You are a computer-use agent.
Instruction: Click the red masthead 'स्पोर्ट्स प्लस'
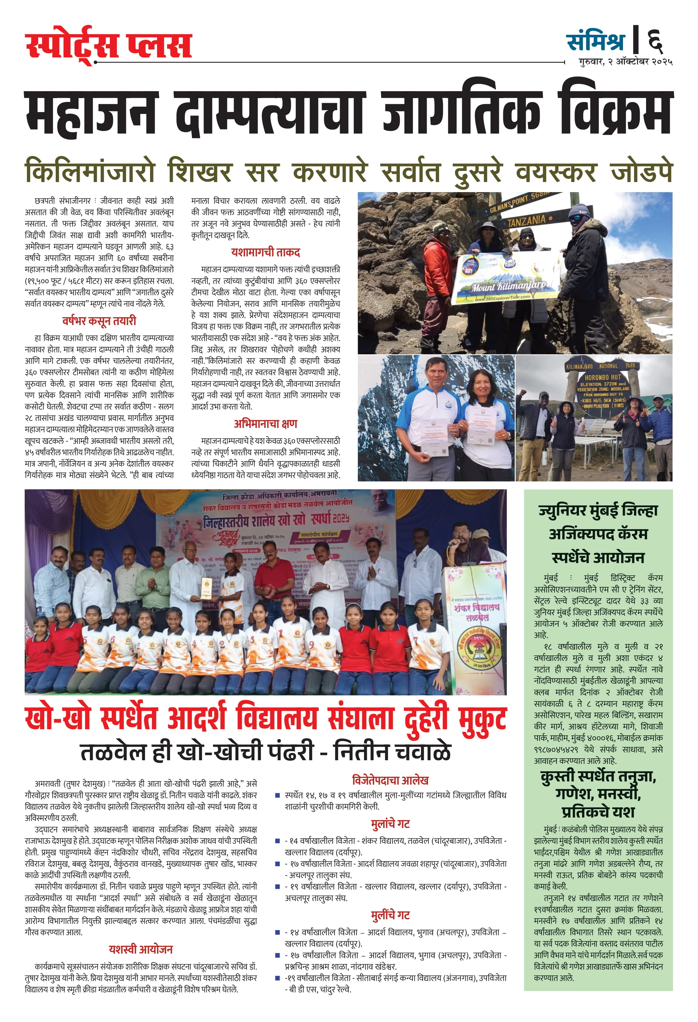point(109,45)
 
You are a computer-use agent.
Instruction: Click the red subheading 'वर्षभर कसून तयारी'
point(99,321)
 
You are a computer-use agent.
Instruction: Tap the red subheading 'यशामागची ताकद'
point(265,253)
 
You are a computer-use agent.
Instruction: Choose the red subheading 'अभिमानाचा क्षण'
point(265,424)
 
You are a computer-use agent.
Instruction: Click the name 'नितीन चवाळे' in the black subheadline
point(392,752)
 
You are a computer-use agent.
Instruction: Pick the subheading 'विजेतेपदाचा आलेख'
point(390,781)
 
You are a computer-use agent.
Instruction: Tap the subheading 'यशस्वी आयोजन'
point(140,950)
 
